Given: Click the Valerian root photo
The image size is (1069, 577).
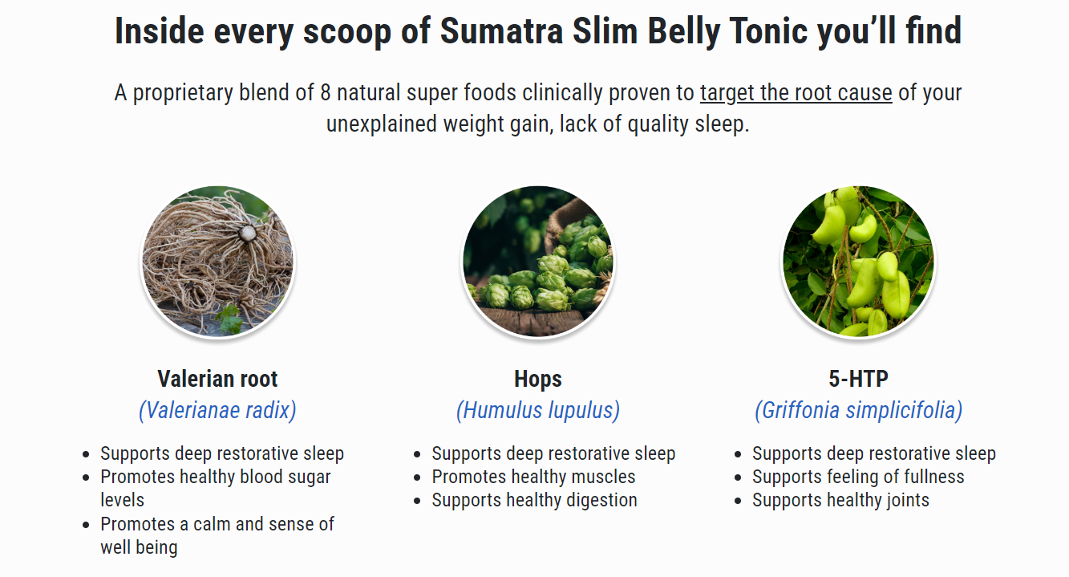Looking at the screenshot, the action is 217,262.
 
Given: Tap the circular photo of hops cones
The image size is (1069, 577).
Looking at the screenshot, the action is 538,262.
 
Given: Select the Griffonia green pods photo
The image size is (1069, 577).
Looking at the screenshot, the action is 858,262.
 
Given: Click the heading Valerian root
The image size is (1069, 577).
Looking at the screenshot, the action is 217,379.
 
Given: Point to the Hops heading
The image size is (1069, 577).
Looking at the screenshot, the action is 538,380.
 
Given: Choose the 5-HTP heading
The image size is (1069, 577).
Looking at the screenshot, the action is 858,379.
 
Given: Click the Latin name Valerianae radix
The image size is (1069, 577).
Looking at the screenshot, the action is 217,410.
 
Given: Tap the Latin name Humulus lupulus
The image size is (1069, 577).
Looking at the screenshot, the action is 538,410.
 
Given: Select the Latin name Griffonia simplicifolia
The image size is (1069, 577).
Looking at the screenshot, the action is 858,410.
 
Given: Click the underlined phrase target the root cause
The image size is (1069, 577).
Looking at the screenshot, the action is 796,92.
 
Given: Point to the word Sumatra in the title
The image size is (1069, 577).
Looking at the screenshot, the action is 501,31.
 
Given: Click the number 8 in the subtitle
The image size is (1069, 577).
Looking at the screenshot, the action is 326,92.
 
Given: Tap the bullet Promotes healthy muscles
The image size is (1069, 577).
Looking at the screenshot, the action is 533,477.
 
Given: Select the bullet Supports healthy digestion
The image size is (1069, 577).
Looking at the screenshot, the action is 534,500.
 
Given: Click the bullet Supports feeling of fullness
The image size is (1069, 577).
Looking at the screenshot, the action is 858,477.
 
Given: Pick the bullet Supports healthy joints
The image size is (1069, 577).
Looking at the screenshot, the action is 841,500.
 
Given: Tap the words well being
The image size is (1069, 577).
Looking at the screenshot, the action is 139,547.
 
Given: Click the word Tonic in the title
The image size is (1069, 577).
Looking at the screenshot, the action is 769,31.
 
